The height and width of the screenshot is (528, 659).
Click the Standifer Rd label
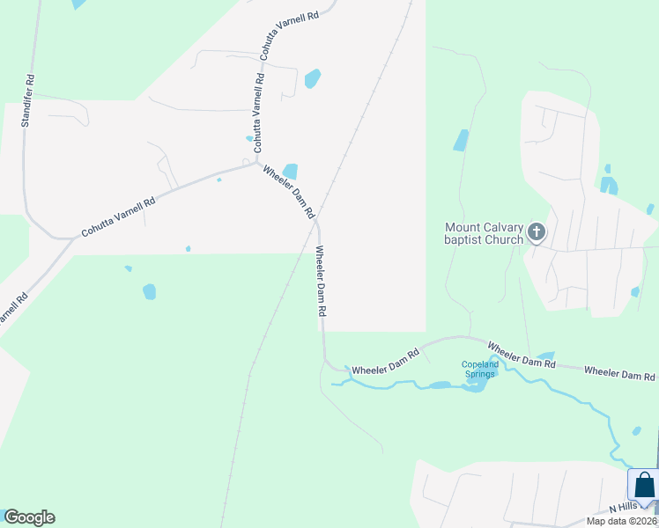pos(28,101)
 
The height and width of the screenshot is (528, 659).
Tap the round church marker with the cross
pos(537,233)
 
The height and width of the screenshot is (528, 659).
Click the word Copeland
pos(480,364)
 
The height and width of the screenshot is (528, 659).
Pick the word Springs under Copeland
pos(480,374)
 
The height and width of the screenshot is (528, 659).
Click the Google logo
pos(29,517)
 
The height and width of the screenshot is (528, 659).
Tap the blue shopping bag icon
pos(644,485)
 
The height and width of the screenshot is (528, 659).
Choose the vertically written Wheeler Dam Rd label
pos(322,282)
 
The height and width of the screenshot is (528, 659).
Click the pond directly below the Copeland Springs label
pos(476,385)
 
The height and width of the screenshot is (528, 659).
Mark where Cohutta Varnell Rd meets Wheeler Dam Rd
pos(256,162)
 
